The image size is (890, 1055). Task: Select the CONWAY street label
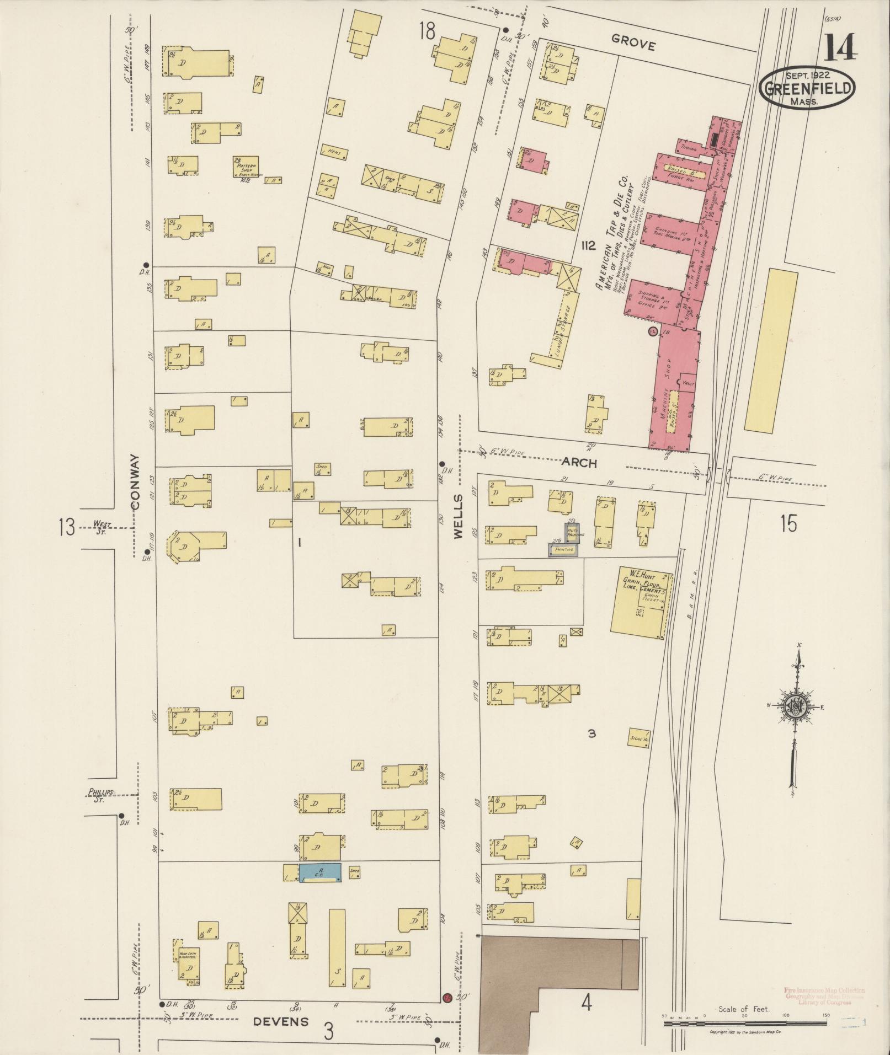(x=136, y=482)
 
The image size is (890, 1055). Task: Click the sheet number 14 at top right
(x=841, y=48)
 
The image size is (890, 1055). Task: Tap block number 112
(x=588, y=246)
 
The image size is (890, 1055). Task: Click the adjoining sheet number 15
(x=788, y=523)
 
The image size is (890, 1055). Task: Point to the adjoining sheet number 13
(x=67, y=527)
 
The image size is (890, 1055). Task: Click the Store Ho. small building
(x=639, y=737)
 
